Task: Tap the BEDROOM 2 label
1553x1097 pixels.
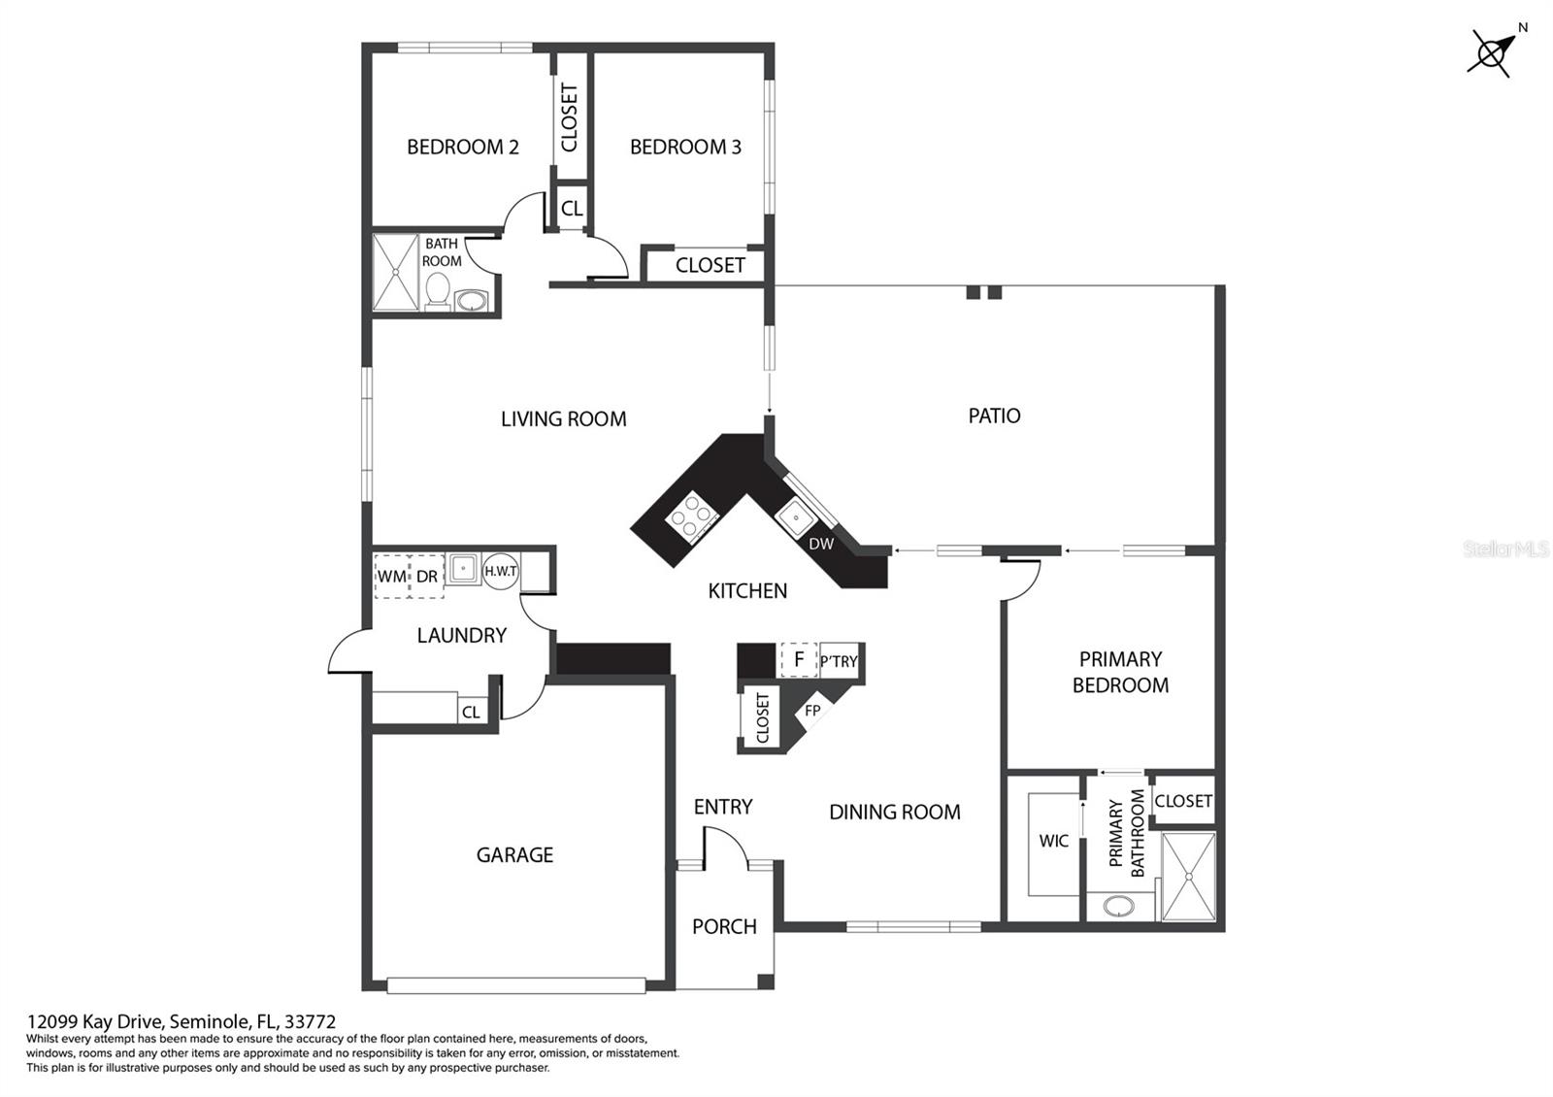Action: (462, 147)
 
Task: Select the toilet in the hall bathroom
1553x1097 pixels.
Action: (438, 290)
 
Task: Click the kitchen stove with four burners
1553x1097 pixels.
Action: (690, 514)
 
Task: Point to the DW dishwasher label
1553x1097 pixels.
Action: (821, 544)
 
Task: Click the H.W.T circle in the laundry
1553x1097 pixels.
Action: (501, 571)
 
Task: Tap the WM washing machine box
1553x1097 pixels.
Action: (391, 576)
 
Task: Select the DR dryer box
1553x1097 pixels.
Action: (427, 576)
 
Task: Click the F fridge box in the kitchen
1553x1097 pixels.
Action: (799, 660)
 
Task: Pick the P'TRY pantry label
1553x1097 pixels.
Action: (839, 661)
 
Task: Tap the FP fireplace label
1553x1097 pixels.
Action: (812, 711)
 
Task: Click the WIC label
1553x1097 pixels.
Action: (1053, 841)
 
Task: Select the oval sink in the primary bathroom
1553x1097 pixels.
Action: (1119, 907)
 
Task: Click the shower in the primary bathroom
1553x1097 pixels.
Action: (1188, 876)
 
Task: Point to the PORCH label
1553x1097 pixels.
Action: (724, 926)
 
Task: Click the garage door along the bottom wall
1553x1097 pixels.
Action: (515, 985)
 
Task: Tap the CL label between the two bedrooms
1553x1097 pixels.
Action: (572, 209)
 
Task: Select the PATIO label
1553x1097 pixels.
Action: (994, 416)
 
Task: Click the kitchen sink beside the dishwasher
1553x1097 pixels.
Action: (796, 514)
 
